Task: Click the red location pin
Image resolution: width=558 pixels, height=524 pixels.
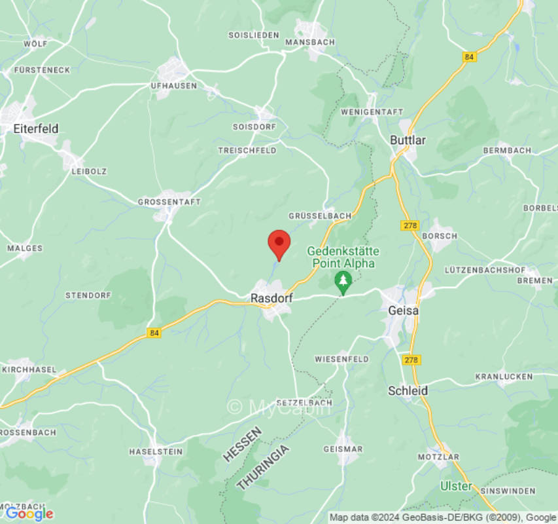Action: tap(279, 244)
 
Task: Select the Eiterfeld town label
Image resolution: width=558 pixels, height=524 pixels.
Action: tap(35, 129)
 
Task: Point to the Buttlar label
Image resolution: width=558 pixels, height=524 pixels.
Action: tap(408, 140)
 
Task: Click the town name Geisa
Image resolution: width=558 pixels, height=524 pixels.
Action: tap(403, 310)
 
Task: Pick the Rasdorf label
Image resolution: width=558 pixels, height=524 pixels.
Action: tap(271, 298)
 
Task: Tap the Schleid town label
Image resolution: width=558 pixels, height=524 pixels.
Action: tap(408, 390)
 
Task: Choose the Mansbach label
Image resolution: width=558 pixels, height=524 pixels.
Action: tap(310, 42)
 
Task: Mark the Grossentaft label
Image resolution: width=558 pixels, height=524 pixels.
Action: tap(169, 202)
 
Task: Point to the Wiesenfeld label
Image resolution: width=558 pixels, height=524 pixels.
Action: tap(341, 359)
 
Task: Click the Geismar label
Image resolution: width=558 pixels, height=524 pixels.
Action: tap(343, 449)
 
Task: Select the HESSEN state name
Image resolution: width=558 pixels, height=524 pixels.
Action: tap(243, 444)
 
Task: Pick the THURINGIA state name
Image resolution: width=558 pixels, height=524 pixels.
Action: tap(262, 467)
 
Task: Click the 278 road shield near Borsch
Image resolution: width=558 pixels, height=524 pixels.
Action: tap(409, 225)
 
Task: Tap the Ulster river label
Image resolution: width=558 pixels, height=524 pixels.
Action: tap(455, 486)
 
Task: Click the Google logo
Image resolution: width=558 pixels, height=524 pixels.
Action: tap(29, 514)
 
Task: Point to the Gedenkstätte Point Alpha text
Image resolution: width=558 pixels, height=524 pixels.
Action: tap(343, 257)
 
